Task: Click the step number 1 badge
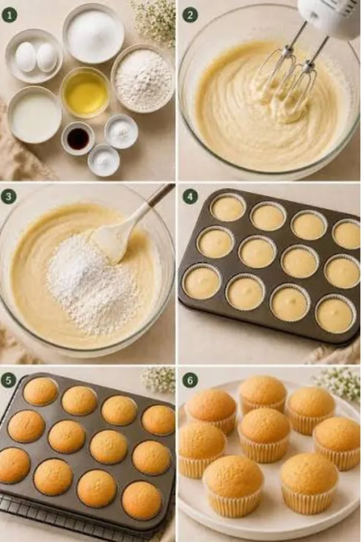click(x=9, y=15)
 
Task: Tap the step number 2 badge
click(x=190, y=15)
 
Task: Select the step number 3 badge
click(x=9, y=197)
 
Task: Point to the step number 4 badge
click(x=190, y=197)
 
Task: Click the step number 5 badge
click(x=9, y=381)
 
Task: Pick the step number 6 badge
click(x=190, y=381)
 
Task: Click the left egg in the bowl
click(x=26, y=57)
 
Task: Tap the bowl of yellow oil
click(x=85, y=92)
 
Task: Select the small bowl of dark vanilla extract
click(x=78, y=138)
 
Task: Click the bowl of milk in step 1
click(x=34, y=114)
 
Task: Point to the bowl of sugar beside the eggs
click(x=93, y=33)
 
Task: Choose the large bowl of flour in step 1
click(x=143, y=78)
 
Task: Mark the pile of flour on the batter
click(x=90, y=280)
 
